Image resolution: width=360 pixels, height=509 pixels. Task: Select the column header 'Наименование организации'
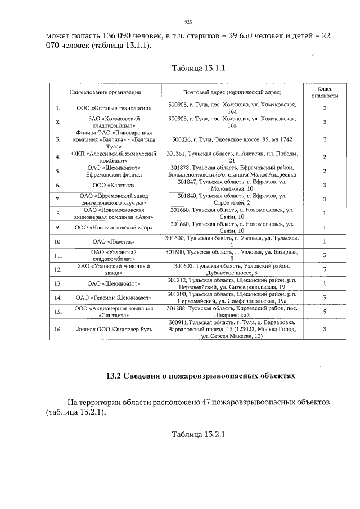105,92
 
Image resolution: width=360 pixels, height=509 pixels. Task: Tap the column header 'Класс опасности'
325,92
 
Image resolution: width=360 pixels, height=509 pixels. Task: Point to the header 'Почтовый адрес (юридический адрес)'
232,92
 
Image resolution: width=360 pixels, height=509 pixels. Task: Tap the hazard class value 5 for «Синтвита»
325,311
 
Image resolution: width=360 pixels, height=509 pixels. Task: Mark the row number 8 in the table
58,213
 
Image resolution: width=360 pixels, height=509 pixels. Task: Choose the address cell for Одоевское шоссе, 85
232,138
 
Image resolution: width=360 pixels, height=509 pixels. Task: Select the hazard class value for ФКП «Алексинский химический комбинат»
325,157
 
